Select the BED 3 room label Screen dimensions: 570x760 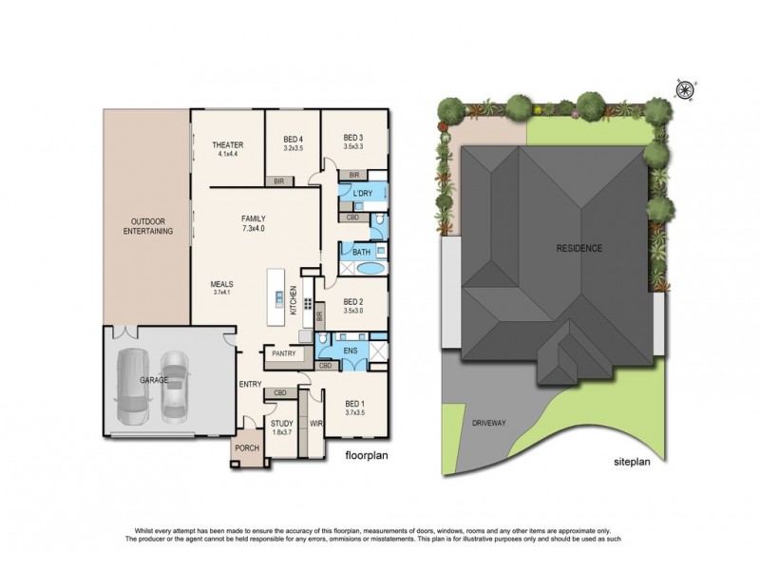coord(353,139)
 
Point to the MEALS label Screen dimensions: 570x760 coord(222,283)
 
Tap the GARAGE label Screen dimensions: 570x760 coord(153,380)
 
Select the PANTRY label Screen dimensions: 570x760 coord(284,354)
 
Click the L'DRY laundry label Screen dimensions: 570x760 coord(362,195)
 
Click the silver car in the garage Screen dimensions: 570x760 coord(174,385)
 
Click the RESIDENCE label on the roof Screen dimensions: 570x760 coord(579,248)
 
